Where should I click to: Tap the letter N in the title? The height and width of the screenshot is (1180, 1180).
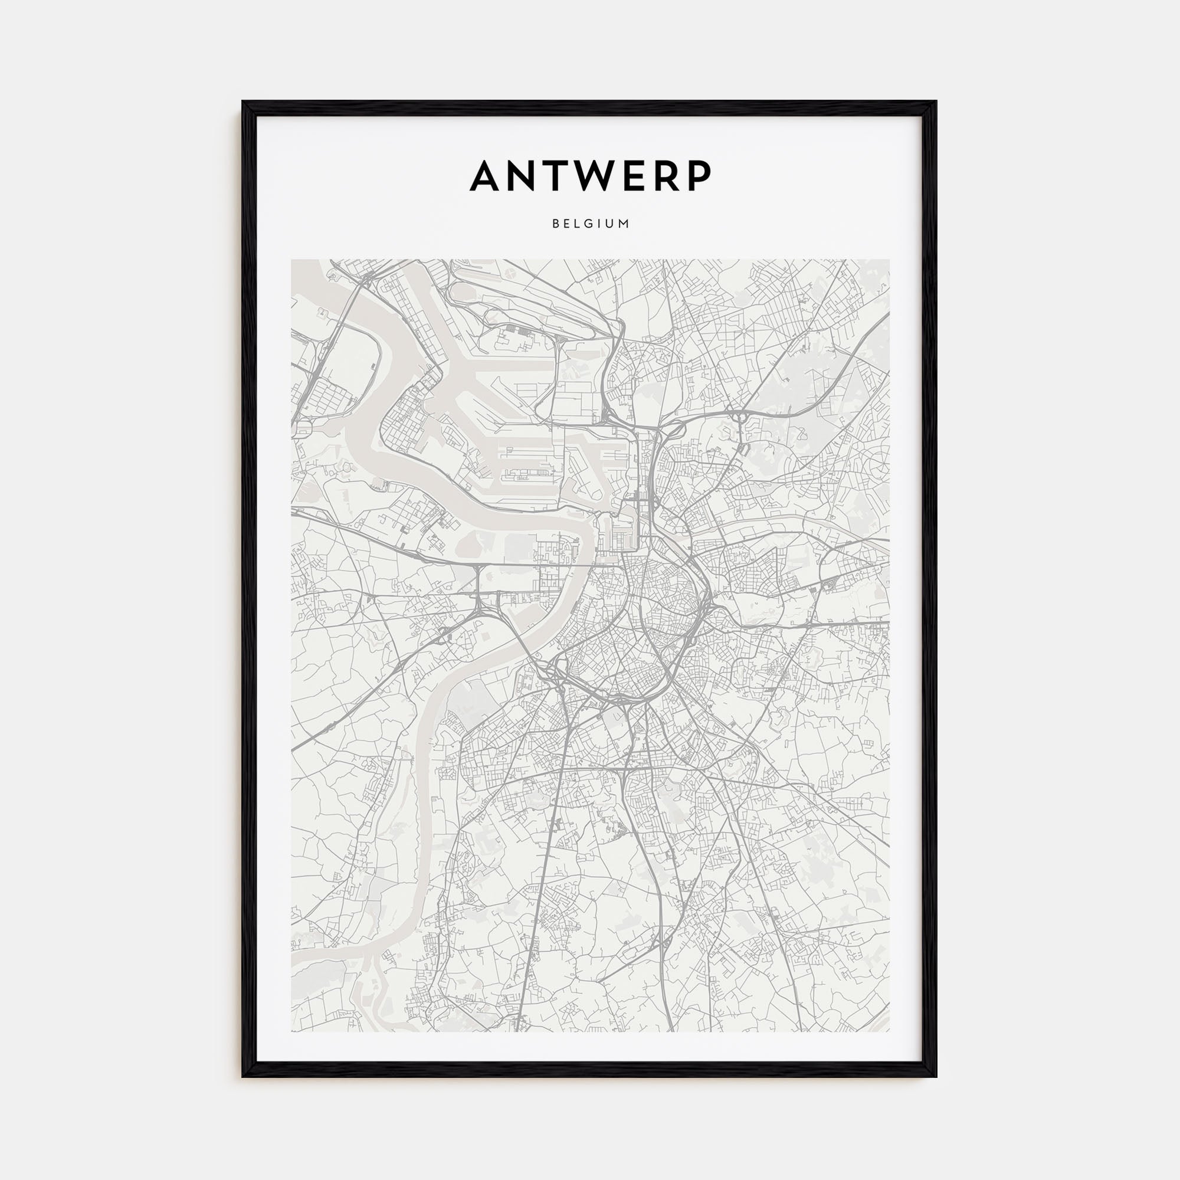coord(528,176)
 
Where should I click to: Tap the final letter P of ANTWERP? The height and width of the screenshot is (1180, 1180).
coord(702,176)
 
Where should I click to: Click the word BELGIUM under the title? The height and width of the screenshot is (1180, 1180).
coord(590,224)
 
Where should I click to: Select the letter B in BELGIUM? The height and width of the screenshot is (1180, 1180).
coord(555,224)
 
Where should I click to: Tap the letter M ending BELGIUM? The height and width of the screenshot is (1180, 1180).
coord(624,224)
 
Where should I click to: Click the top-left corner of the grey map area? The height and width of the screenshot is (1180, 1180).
coord(291,260)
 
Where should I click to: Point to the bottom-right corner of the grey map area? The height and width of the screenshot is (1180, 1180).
coord(889,1031)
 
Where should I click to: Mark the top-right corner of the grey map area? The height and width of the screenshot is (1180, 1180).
coord(889,260)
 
